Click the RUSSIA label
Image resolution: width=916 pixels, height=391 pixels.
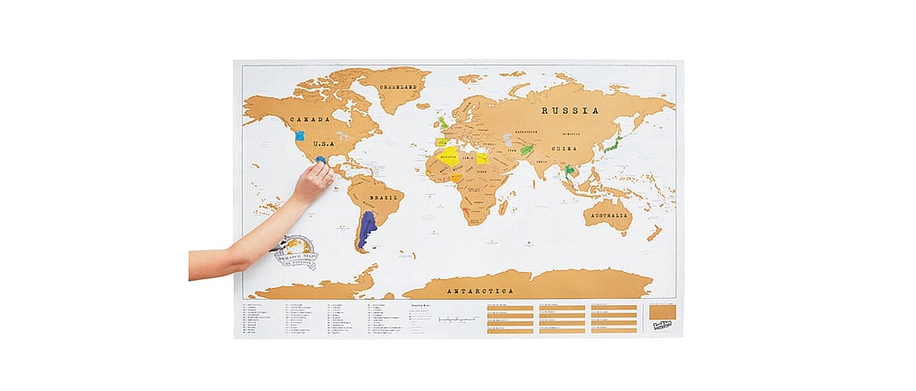point(570,111)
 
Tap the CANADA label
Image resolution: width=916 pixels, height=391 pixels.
point(310,119)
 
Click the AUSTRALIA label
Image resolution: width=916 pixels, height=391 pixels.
point(610,216)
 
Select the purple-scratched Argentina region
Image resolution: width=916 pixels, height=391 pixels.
point(367,230)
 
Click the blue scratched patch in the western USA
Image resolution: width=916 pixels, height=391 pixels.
point(299,140)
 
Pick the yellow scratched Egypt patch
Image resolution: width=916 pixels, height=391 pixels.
point(482,158)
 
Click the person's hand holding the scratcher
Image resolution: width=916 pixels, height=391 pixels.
point(312,182)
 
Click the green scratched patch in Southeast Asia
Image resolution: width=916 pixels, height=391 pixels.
point(569,170)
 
